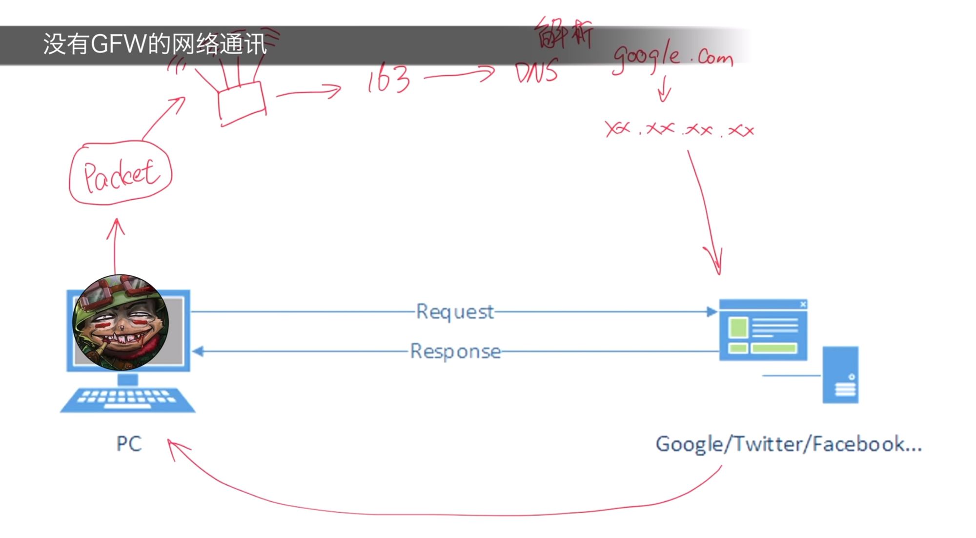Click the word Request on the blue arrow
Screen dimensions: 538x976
coord(454,312)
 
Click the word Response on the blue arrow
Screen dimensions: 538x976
coord(455,352)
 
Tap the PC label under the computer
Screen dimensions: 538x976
coord(129,444)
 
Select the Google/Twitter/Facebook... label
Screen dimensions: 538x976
coord(788,444)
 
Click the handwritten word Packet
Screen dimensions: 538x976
coord(121,175)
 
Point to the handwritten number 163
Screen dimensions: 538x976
coord(389,79)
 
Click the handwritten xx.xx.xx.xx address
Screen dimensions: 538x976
coord(679,129)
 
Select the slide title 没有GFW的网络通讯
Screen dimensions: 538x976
coord(155,44)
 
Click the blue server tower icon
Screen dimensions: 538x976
coord(840,375)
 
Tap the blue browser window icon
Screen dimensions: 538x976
coord(763,331)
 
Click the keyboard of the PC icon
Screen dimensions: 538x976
coord(128,399)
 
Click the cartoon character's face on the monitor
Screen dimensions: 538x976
coord(121,323)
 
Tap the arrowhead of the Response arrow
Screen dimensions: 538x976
coord(198,351)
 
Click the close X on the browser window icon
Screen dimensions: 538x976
coord(803,304)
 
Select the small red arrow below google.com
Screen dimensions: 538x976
coord(664,89)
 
